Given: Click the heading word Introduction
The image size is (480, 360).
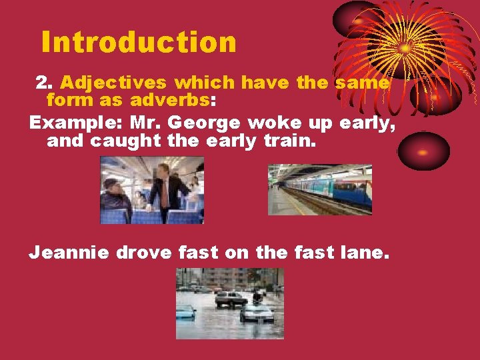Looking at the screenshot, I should (x=139, y=42).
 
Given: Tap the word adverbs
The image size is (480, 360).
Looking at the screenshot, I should (x=170, y=101).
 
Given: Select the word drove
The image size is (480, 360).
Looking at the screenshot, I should (x=147, y=253).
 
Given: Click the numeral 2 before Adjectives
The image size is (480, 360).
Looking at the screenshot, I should (x=43, y=83).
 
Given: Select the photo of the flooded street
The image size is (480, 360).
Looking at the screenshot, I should (x=230, y=303).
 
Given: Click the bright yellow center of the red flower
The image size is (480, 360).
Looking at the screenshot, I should (x=405, y=49).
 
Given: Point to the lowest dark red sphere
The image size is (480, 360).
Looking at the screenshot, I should (x=424, y=151).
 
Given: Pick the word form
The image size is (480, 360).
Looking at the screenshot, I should (x=69, y=101).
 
